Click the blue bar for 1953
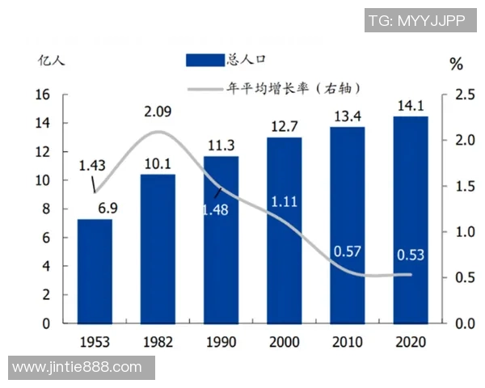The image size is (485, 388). click(95, 271)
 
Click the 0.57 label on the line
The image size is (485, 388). click(347, 251)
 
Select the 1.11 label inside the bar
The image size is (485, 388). click(284, 200)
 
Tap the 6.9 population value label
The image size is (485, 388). click(108, 208)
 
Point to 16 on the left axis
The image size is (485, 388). click(44, 95)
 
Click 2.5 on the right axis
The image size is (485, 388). click(464, 95)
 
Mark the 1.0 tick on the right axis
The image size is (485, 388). click(464, 232)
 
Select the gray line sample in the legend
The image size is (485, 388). click(205, 87)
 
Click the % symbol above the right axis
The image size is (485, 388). click(456, 64)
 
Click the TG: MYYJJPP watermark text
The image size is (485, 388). click(416, 21)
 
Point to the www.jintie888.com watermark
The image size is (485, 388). click(78, 368)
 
